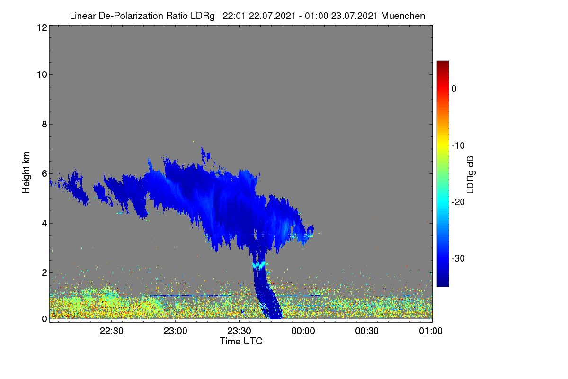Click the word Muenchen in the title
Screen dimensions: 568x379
click(x=403, y=16)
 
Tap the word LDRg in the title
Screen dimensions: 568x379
click(x=203, y=16)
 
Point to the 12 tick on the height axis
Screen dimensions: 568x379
click(x=42, y=27)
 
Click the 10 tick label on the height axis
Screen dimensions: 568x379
click(x=42, y=75)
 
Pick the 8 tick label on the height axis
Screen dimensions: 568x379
click(x=44, y=124)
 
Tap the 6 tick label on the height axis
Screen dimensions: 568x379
click(x=44, y=174)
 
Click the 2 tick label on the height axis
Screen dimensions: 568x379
click(x=44, y=272)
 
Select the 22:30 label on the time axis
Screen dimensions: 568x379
click(x=112, y=331)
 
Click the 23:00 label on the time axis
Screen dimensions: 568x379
click(x=176, y=331)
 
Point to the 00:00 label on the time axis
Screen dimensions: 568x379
click(x=303, y=331)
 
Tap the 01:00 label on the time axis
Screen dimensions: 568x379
click(x=431, y=331)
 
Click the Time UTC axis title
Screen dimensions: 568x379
click(x=241, y=341)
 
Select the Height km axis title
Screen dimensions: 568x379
click(x=26, y=172)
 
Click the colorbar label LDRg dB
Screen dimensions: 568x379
click(x=470, y=175)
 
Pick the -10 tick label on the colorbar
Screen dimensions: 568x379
click(x=458, y=146)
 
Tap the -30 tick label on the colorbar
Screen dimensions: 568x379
click(x=458, y=258)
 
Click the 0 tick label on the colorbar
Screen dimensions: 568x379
click(x=454, y=89)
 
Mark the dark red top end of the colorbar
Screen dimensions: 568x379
click(x=443, y=62)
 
